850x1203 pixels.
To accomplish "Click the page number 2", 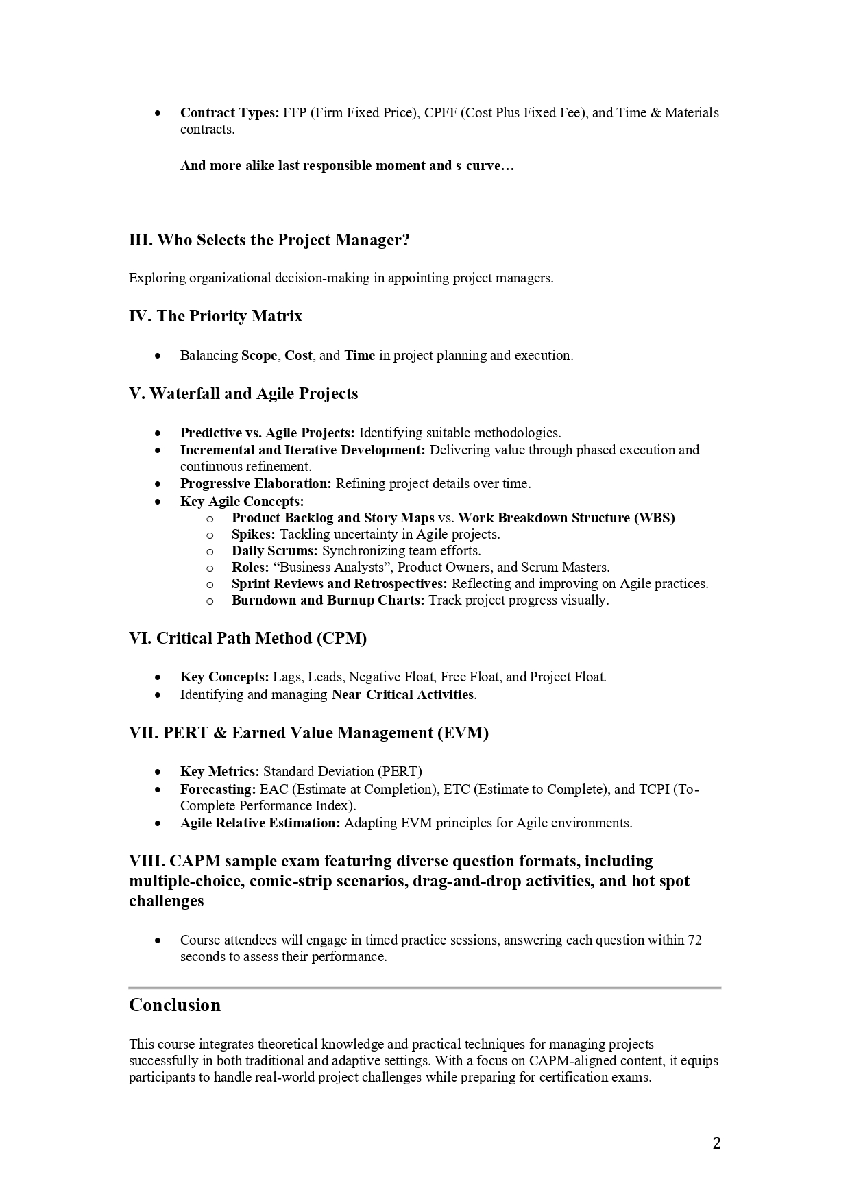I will pyautogui.click(x=716, y=1143).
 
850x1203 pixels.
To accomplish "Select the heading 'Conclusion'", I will pyautogui.click(x=175, y=1005).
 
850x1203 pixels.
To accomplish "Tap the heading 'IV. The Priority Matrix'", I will pyautogui.click(x=215, y=316).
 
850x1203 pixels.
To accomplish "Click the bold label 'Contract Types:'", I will pyautogui.click(x=229, y=112).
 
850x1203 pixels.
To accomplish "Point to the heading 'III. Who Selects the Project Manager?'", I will pyautogui.click(x=269, y=240).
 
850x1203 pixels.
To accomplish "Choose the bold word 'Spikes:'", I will pyautogui.click(x=254, y=534).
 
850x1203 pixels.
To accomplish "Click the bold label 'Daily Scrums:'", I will pyautogui.click(x=275, y=550).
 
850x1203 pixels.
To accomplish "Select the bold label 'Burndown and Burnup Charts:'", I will pyautogui.click(x=328, y=600).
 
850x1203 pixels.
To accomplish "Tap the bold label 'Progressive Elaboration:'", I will pyautogui.click(x=256, y=483).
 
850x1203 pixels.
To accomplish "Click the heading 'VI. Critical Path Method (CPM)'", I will pyautogui.click(x=248, y=638).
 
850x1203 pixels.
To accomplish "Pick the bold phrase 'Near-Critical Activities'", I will pyautogui.click(x=402, y=694).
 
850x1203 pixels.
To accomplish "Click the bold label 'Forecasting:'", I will pyautogui.click(x=218, y=789).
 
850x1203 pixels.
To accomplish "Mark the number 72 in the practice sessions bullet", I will pyautogui.click(x=694, y=940).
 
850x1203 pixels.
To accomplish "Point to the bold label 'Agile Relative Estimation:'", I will pyautogui.click(x=260, y=823).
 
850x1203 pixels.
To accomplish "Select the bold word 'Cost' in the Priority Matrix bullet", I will pyautogui.click(x=298, y=355).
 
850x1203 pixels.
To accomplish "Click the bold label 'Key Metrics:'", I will pyautogui.click(x=219, y=771).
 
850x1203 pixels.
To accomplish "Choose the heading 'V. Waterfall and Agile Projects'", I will pyautogui.click(x=243, y=393).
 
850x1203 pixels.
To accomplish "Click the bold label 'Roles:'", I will pyautogui.click(x=250, y=567).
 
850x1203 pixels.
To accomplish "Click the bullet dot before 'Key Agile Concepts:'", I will pyautogui.click(x=158, y=502).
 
